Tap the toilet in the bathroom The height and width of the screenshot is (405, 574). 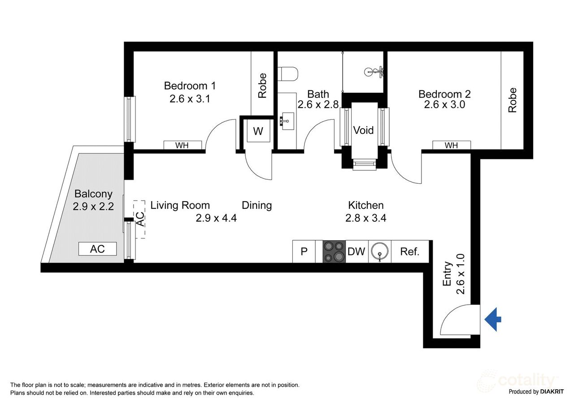[x=287, y=73]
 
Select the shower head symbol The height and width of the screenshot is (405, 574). [x=373, y=71]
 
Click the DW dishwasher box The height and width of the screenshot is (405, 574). [x=357, y=251]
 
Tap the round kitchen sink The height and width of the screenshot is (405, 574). [x=380, y=252]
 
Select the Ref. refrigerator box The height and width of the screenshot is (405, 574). [x=409, y=252]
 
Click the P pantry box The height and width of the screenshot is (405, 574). [x=304, y=252]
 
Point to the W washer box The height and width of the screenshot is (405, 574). [x=258, y=131]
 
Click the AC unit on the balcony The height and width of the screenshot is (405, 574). [x=97, y=249]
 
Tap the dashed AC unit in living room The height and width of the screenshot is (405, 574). [x=140, y=219]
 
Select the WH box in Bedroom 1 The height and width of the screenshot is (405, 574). [x=182, y=145]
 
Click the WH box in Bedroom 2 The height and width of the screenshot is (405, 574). [x=451, y=145]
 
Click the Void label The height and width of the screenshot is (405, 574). [x=363, y=130]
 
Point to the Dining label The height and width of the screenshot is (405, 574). [x=257, y=205]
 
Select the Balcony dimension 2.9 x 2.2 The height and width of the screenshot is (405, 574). [x=93, y=207]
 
